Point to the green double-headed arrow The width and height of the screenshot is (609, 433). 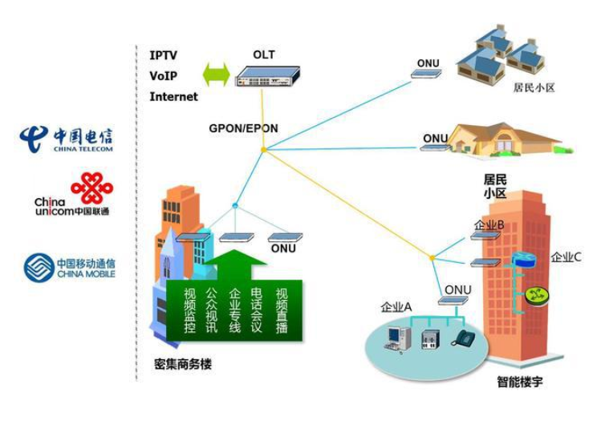tap(216, 75)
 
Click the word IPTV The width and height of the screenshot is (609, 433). tap(164, 55)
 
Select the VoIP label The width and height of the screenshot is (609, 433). tap(164, 76)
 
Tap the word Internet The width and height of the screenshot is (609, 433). tap(173, 97)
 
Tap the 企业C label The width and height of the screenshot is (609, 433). tap(566, 257)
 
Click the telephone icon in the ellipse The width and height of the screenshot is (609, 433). tap(462, 338)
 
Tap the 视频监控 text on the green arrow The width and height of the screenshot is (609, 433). tap(189, 310)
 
